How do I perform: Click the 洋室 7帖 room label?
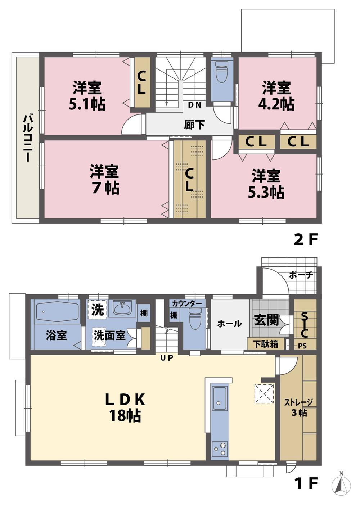105,180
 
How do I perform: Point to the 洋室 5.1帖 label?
87,96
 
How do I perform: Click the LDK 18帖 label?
125,407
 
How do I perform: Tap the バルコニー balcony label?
26,138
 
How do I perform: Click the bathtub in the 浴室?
58,311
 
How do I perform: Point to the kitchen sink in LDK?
220,398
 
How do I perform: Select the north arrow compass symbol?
341,486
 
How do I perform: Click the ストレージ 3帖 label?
298,407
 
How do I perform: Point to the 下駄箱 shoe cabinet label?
265,343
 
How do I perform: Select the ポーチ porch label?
301,275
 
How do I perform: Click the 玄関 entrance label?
266,320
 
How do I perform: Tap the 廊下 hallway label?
194,125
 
